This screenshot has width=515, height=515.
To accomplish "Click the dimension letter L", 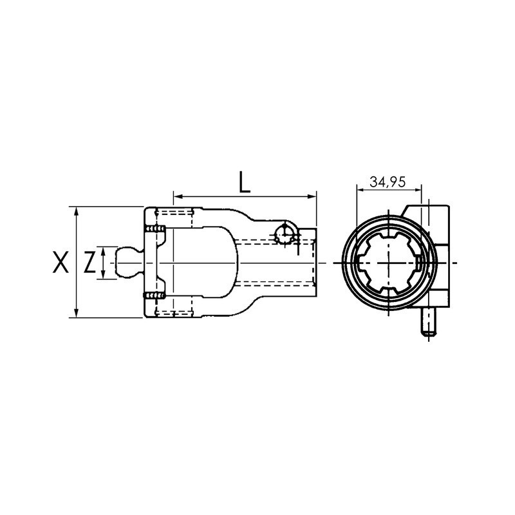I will click(244, 182).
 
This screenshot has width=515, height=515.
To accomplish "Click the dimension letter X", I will click(60, 263).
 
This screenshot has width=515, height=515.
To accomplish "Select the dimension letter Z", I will click(90, 263).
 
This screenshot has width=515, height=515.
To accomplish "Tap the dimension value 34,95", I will click(388, 182).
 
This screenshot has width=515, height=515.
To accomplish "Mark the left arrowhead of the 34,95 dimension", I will click(359, 190).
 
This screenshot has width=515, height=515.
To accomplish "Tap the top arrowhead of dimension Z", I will click(104, 250).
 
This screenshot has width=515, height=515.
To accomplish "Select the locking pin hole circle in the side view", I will click(284, 234).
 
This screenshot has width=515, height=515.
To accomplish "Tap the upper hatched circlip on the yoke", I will click(154, 230).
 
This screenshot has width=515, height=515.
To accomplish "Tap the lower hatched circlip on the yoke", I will click(154, 296).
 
